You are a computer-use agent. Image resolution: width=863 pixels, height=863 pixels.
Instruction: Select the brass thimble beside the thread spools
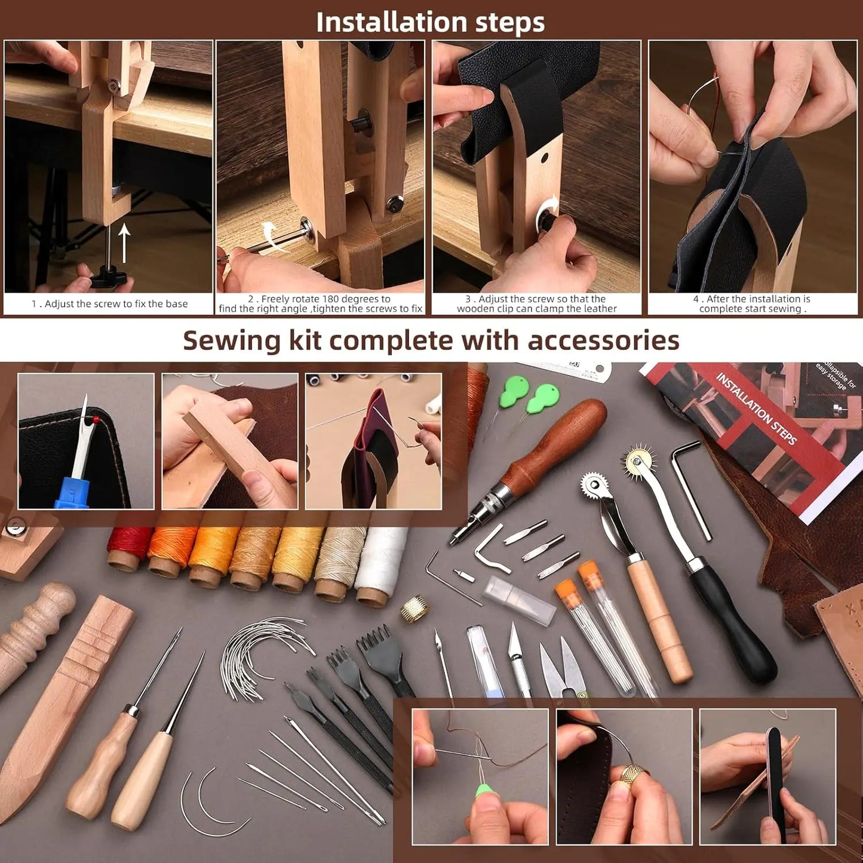tap(414, 609)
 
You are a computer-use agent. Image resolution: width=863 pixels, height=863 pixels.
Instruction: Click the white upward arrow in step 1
tap(124, 242)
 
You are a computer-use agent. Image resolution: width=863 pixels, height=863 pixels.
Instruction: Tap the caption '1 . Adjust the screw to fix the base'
tap(109, 304)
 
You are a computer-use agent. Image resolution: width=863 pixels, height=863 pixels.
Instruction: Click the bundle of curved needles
tap(263, 654)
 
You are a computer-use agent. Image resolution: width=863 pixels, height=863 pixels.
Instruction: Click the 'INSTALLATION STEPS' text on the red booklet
tap(756, 409)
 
